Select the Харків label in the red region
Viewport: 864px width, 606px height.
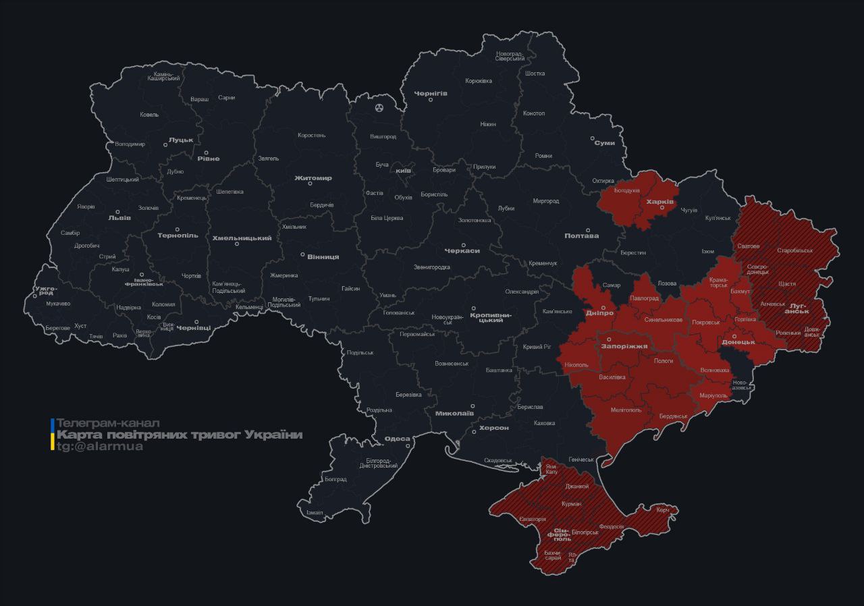click(659, 201)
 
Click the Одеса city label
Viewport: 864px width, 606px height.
click(397, 439)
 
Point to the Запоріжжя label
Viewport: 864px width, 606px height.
click(624, 346)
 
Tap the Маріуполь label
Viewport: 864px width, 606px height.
click(713, 395)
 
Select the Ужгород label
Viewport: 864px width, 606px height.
click(46, 291)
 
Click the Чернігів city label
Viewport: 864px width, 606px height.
click(431, 92)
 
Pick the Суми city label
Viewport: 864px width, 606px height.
click(604, 143)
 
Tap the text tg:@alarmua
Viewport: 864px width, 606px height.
click(99, 446)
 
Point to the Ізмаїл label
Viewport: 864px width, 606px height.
click(315, 512)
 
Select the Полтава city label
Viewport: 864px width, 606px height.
click(581, 236)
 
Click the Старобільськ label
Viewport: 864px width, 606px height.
click(794, 250)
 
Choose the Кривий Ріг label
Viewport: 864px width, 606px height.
click(537, 347)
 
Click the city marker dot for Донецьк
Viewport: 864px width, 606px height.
click(734, 335)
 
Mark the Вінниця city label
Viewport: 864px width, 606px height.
click(323, 256)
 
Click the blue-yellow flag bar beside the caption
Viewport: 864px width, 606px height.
click(53, 435)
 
